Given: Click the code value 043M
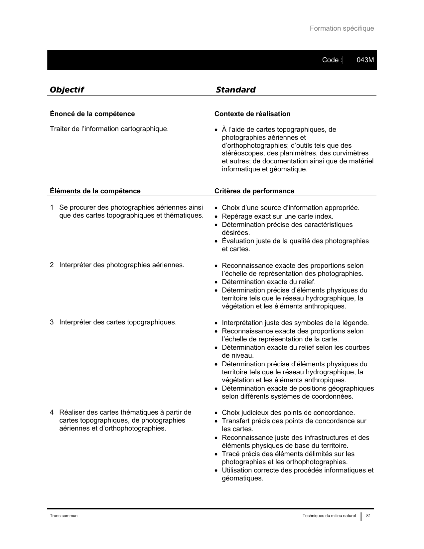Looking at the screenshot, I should pos(365,60).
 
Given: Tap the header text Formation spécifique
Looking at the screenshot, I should pos(342,29).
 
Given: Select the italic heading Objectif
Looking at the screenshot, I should pos(67,90).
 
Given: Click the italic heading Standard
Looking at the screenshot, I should pos(235,90).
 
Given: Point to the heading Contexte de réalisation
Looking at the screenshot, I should pos(252,114).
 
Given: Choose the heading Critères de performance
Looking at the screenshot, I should pos(254,191).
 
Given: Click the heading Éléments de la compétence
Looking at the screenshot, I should pos(95,191).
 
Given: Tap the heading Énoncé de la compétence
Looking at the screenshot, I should pos(92,114).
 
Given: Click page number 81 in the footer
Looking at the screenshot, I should pos(368,516).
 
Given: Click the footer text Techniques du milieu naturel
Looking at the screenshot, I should pos(329,516).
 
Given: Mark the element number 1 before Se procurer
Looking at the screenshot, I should pos(52,208).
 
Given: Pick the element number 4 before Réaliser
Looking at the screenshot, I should pos(52,413).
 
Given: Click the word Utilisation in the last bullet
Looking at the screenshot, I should pos(237,470).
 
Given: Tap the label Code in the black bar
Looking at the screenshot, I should pos(330,60).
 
